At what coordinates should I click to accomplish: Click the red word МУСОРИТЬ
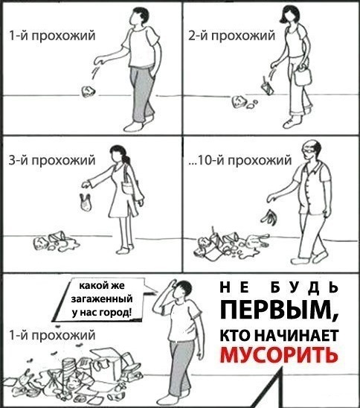coord(279,354)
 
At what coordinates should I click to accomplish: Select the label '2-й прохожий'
coord(231,36)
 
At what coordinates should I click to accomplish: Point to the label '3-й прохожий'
coord(52,160)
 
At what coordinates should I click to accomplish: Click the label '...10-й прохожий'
coord(240,160)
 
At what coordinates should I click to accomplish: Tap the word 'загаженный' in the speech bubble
coord(102,299)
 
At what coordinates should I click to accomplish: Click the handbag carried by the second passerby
coord(303,75)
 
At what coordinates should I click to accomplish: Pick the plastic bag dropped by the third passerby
coord(86,202)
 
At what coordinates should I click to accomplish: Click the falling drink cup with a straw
coord(267,87)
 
